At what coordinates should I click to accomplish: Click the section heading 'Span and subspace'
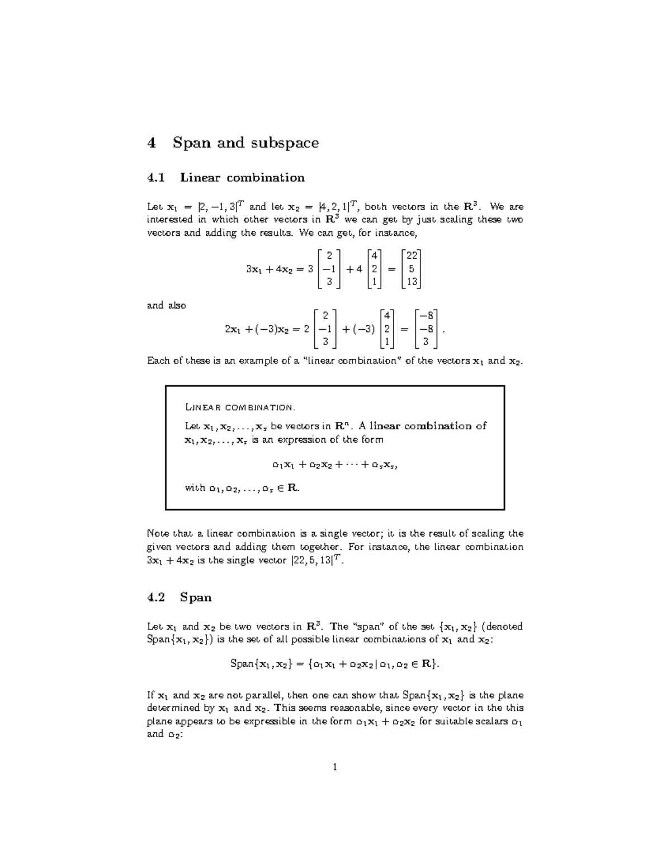click(x=245, y=143)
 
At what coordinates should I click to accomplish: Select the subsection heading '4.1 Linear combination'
click(x=225, y=178)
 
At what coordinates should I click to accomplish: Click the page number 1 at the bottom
click(x=335, y=767)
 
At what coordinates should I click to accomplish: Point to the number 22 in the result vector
click(x=412, y=255)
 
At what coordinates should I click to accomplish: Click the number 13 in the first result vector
click(x=412, y=282)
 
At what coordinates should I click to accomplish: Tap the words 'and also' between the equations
click(x=166, y=306)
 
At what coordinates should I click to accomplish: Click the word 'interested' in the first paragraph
click(x=169, y=220)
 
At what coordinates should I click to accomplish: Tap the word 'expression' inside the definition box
click(x=300, y=440)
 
